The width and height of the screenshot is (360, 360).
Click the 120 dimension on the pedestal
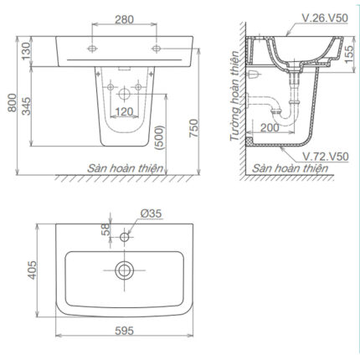click(124, 111)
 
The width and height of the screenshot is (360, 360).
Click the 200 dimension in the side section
click(270, 127)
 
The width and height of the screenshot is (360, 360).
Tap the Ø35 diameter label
click(152, 214)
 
